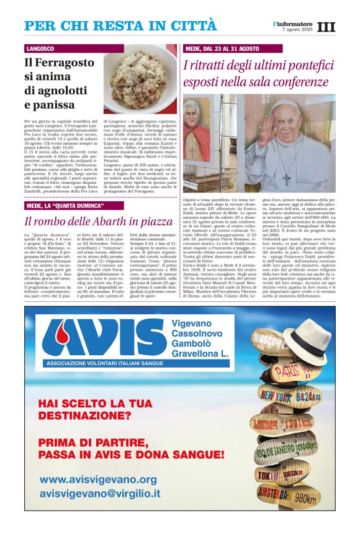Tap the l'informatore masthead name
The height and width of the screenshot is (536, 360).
[292, 24]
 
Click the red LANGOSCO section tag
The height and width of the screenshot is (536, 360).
[40, 48]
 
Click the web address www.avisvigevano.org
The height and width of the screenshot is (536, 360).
[98, 480]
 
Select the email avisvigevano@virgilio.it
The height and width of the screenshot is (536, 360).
[100, 494]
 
